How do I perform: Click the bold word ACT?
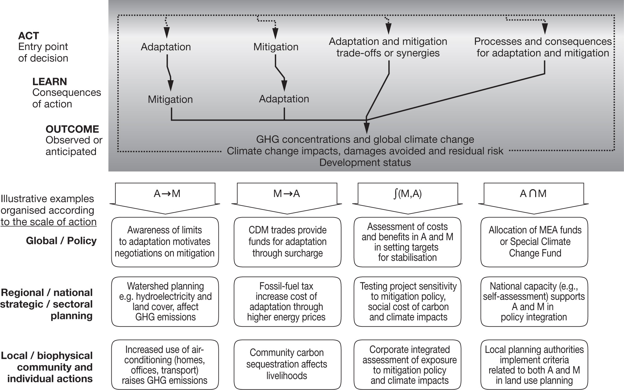(28, 36)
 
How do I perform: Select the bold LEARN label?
(50, 82)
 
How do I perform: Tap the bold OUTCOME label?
(72, 129)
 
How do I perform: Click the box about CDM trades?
(287, 242)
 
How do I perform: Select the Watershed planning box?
(165, 301)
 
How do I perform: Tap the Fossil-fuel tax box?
(287, 301)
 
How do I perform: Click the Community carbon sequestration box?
(287, 364)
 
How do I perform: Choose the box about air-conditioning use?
(165, 364)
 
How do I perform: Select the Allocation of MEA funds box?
(534, 242)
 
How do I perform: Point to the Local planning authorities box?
(534, 364)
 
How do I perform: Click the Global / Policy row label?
(61, 241)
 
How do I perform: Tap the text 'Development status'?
(365, 163)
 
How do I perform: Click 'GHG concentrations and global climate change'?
(365, 139)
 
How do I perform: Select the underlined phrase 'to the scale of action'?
(48, 222)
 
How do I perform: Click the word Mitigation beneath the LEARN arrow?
(170, 99)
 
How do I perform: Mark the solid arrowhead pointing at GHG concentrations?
(366, 128)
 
